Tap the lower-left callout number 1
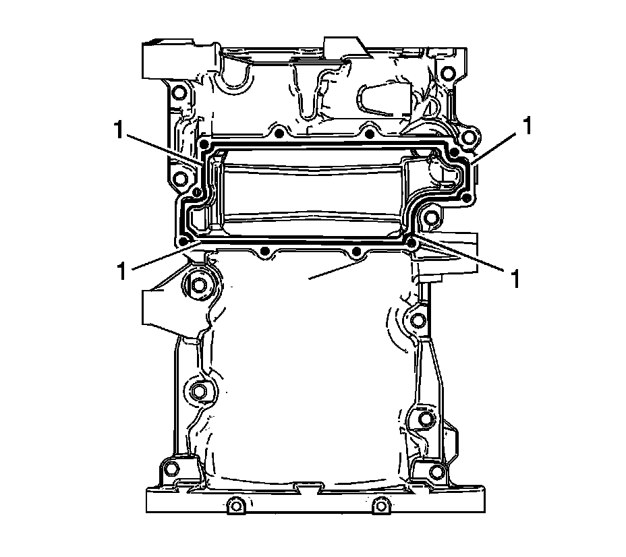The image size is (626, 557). [x=122, y=271]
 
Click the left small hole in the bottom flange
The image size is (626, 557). [x=235, y=504]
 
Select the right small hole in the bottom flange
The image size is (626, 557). [x=382, y=504]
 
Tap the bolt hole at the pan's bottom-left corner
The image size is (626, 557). [x=171, y=468]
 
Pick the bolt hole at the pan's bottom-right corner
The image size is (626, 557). [x=436, y=471]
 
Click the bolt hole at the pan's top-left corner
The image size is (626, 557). [x=178, y=92]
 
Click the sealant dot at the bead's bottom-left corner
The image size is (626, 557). [x=183, y=240]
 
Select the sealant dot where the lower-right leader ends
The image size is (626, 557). [x=411, y=241]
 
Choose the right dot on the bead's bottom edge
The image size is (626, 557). [x=355, y=252]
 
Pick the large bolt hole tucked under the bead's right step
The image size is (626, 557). [x=429, y=216]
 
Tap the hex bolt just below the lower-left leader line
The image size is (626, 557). [x=197, y=286]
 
